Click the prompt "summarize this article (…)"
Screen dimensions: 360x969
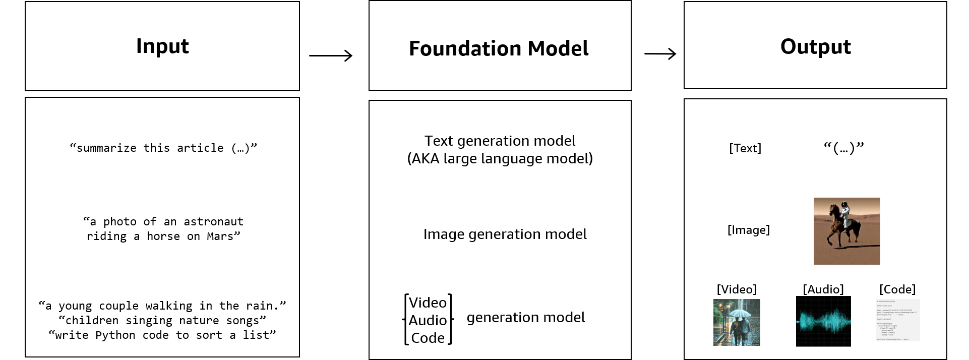tap(163, 148)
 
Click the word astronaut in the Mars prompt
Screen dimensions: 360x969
tap(213, 222)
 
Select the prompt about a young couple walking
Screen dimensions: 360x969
tap(162, 306)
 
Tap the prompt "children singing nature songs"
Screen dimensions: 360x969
tap(162, 321)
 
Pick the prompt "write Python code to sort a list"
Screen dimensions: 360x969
tap(162, 335)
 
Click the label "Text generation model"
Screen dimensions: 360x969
tap(500, 141)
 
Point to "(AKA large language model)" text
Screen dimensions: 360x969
tap(500, 159)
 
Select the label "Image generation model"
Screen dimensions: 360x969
tap(505, 234)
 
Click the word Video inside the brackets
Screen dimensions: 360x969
tap(428, 303)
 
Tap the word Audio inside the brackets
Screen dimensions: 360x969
tap(428, 320)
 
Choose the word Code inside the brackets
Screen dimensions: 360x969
tap(428, 338)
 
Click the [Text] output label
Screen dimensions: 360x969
tap(745, 148)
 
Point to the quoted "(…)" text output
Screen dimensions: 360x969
tap(843, 148)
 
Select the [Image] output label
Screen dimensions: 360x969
tap(748, 230)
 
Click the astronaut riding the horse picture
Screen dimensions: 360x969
tap(846, 231)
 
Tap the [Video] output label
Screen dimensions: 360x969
tap(737, 289)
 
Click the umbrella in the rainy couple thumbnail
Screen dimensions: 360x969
tap(737, 313)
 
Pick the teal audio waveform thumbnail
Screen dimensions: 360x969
tap(823, 322)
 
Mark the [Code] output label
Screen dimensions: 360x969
tap(897, 289)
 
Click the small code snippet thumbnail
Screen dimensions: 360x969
tap(897, 321)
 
